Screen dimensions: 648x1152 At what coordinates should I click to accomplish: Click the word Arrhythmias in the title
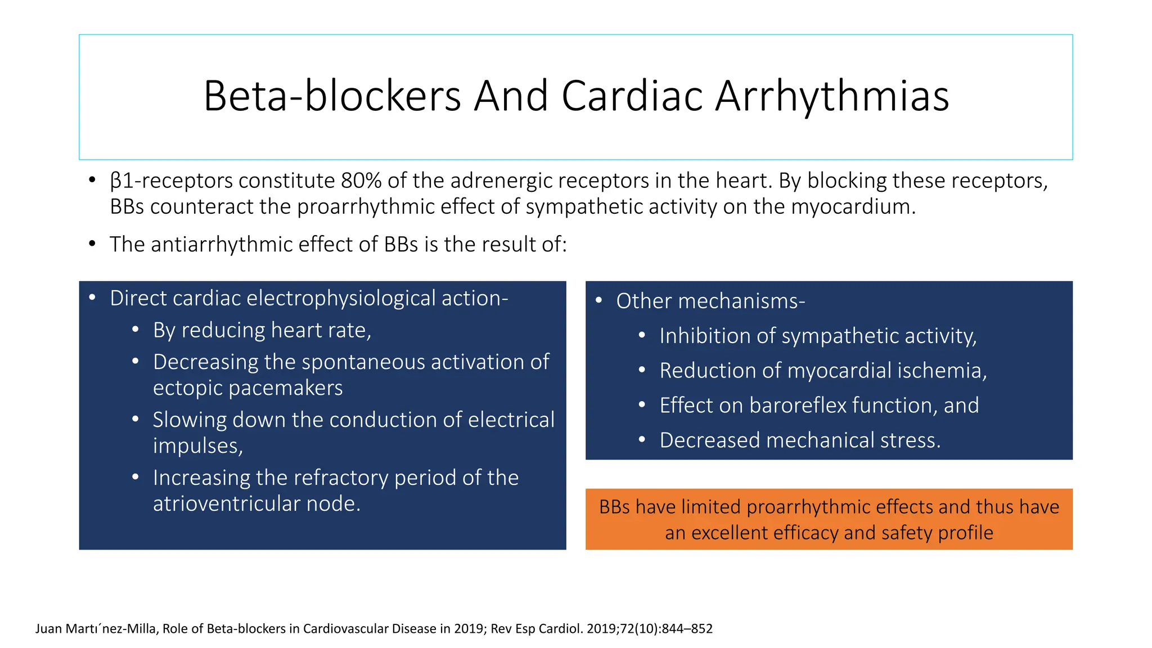[x=832, y=97]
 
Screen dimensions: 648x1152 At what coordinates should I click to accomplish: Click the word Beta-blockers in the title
[x=332, y=97]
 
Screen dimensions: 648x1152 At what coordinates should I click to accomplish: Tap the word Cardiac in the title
[x=632, y=97]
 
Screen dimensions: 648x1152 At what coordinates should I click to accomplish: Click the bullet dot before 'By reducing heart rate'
[x=136, y=330]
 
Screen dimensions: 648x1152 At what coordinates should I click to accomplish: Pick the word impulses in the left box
[x=197, y=446]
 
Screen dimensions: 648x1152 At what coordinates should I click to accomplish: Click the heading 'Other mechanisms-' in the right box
[x=710, y=301]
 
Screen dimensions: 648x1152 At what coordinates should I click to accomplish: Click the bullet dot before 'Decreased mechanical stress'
[x=642, y=440]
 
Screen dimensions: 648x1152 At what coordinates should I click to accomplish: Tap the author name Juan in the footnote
[x=48, y=629]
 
